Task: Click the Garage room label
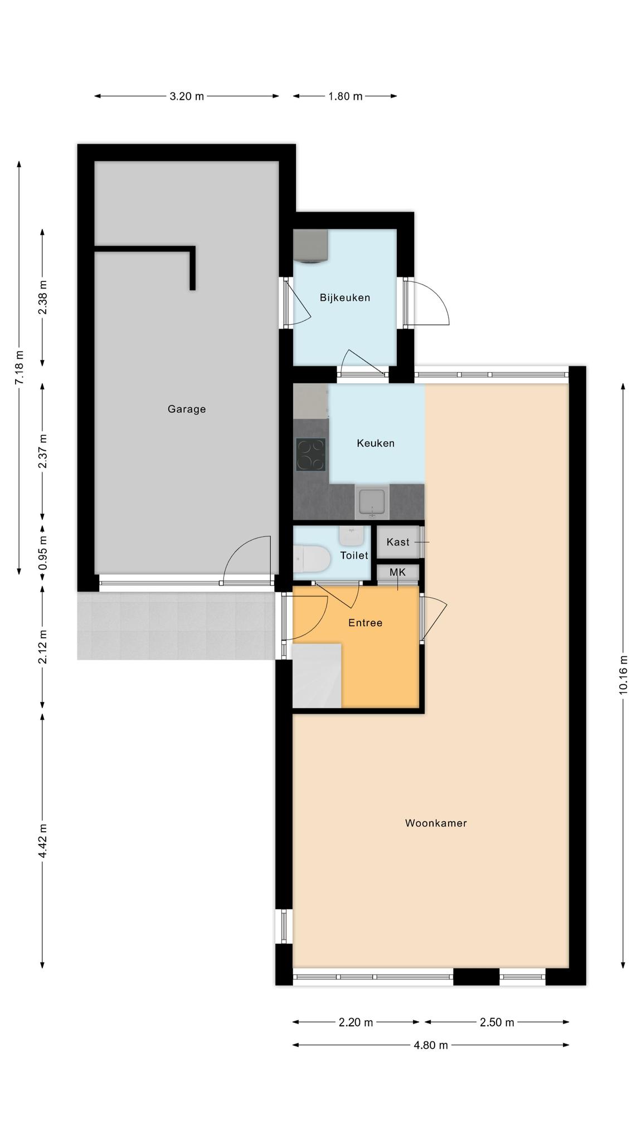point(187,409)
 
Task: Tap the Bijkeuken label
point(345,298)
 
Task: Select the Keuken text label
point(376,443)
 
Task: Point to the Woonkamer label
point(436,823)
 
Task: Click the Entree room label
point(366,623)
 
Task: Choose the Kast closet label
point(398,542)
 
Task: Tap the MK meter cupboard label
point(397,572)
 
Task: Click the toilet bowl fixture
point(310,559)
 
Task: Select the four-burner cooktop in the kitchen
point(311,455)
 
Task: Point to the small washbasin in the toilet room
point(351,537)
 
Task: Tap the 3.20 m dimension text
point(187,96)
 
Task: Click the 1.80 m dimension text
point(345,96)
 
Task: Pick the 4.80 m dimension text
point(431,1045)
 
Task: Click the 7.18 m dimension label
point(20,367)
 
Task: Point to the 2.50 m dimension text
point(497,1022)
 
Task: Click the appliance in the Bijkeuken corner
point(310,246)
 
